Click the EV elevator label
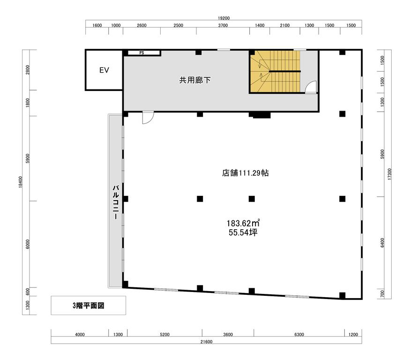[x=104, y=70]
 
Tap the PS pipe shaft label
[x=142, y=53]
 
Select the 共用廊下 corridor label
[x=195, y=80]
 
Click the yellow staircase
[x=276, y=71]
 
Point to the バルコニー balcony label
[x=116, y=202]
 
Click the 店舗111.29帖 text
[x=245, y=173]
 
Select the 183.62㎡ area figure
[x=243, y=223]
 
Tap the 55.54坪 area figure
[x=243, y=232]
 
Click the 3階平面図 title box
[x=89, y=305]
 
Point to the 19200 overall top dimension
[x=224, y=18]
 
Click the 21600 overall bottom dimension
[x=207, y=342]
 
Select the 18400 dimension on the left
[x=21, y=182]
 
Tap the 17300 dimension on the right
[x=389, y=174]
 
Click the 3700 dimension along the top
[x=223, y=25]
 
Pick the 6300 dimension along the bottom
[x=299, y=334]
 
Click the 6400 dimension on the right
[x=382, y=243]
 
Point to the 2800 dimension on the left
[x=28, y=70]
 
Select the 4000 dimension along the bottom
[x=80, y=334]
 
